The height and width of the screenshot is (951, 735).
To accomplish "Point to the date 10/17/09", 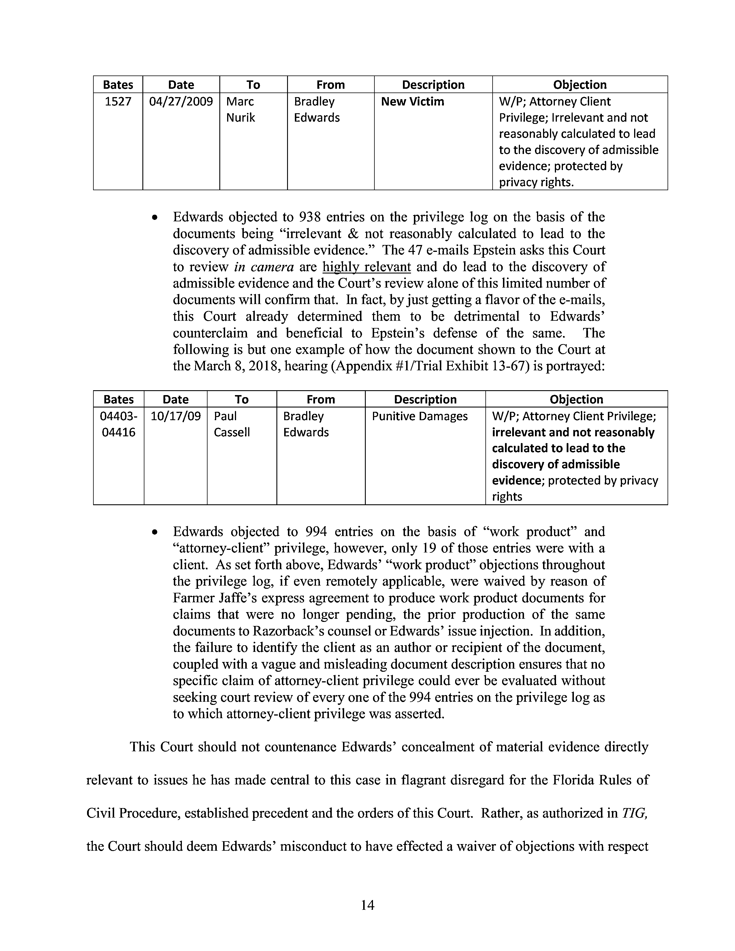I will click(176, 416).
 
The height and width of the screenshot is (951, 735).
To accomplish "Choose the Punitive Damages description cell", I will click(420, 416).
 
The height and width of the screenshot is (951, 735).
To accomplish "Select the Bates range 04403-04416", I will click(118, 424).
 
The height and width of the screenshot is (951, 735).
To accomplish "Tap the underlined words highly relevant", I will click(367, 267).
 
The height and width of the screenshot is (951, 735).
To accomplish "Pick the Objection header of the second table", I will click(576, 399).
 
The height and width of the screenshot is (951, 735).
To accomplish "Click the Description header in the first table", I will click(433, 84).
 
